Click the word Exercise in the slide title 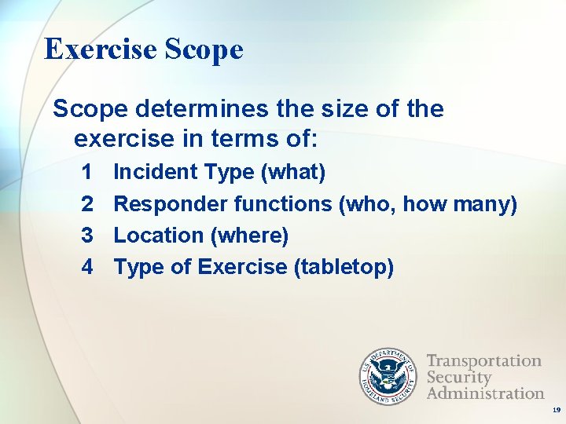(101, 49)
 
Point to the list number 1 (87, 171)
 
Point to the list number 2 (87, 203)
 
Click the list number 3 (87, 235)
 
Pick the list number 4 (87, 267)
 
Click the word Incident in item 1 (156, 171)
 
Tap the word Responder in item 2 (171, 203)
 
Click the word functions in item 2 (283, 203)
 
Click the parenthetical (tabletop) (344, 267)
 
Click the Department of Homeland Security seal (388, 376)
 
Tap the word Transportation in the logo (484, 361)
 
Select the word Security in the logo (458, 377)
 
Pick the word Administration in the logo (486, 393)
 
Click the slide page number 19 (556, 411)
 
